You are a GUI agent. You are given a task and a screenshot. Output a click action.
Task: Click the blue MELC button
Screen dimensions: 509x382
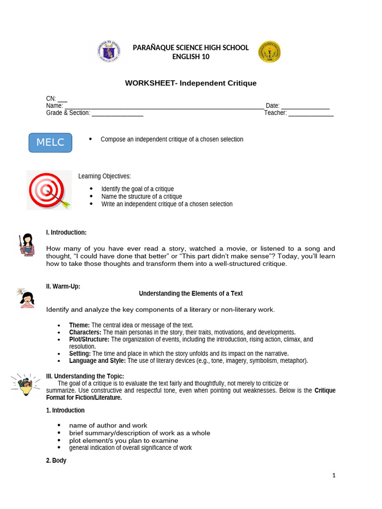[50, 143]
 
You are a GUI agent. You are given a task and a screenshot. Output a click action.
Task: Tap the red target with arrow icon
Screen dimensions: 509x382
[49, 191]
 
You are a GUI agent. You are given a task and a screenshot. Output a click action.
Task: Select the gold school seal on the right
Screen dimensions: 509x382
[269, 52]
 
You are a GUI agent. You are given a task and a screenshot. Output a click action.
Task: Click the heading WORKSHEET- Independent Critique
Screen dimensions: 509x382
[191, 83]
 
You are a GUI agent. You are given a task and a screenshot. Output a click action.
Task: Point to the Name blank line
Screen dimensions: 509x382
[164, 106]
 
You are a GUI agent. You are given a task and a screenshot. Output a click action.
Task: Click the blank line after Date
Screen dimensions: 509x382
[305, 106]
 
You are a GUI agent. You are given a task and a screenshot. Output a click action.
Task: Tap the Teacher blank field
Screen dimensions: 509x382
[311, 113]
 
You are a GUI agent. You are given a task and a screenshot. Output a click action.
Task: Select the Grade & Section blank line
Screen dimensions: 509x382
[117, 113]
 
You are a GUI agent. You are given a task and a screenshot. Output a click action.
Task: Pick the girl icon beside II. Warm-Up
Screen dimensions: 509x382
[26, 298]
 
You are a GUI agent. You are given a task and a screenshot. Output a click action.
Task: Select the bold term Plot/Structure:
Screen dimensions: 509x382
[89, 339]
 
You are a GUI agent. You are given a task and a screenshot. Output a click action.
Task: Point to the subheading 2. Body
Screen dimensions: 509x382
[56, 461]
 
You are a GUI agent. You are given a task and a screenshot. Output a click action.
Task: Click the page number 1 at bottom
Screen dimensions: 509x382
[334, 475]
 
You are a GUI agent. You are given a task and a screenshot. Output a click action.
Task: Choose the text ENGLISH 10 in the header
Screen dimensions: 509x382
[191, 57]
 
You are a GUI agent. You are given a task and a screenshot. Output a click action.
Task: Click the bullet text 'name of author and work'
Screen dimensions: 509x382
[108, 425]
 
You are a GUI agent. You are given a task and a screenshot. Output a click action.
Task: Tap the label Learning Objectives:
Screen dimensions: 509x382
[104, 176]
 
